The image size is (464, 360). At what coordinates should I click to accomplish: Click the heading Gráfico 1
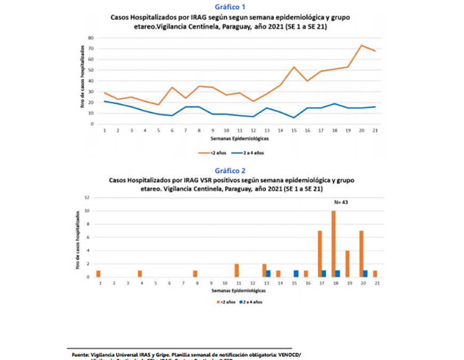point(232,7)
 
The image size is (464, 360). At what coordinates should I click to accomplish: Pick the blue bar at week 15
point(296,274)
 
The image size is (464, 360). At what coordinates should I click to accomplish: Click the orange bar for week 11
point(236,270)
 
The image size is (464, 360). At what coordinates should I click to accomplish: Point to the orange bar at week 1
point(99,274)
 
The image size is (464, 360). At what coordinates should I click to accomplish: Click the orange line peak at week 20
point(362,45)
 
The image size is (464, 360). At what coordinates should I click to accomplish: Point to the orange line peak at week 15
point(294,67)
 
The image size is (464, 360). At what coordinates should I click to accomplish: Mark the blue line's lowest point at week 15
point(294,118)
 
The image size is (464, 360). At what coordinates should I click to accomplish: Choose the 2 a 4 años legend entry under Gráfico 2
point(252,302)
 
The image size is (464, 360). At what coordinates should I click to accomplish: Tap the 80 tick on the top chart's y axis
point(91,38)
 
